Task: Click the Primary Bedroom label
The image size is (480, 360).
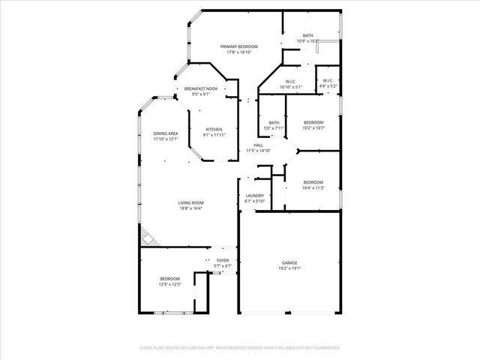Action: pos(238,46)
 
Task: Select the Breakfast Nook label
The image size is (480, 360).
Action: pos(201,89)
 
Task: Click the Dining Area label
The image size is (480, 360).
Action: pos(166,133)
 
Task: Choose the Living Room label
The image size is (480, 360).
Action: pos(191,202)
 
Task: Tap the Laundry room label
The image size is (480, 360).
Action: pos(255,196)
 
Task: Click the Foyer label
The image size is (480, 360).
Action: pos(223,260)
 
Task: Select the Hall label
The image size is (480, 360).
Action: pos(258,145)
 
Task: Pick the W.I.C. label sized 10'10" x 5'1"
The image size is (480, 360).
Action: pos(290,82)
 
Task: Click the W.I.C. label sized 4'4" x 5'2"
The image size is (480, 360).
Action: pos(328,81)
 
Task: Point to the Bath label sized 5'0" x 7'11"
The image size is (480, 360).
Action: pos(274,123)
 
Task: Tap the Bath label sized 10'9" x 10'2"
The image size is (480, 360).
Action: pos(308,36)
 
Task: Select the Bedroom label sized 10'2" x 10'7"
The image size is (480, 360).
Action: pos(313,122)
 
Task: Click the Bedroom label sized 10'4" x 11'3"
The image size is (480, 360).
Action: pos(313,183)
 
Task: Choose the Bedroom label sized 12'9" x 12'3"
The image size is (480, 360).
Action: pos(169,279)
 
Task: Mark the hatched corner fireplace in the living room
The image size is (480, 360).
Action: pos(148,239)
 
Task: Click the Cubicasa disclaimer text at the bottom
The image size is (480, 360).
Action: pos(240,348)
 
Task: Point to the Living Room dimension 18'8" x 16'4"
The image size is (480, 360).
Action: pos(191,208)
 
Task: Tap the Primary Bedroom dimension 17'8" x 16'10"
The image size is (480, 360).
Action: pos(238,52)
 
